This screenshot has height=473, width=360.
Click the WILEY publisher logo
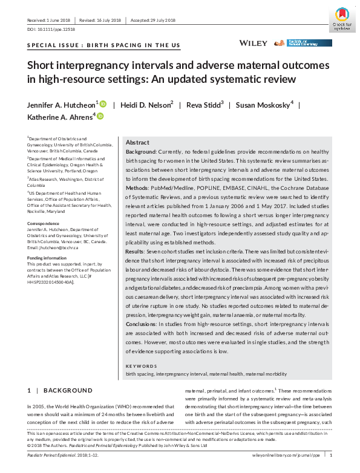click(254, 43)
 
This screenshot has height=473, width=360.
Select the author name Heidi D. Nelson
click(148, 105)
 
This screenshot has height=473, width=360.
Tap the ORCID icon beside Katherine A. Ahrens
click(100, 116)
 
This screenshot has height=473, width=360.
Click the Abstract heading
click(137, 142)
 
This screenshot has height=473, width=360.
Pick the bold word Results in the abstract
click(136, 250)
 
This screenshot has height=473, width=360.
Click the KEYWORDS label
click(140, 366)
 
